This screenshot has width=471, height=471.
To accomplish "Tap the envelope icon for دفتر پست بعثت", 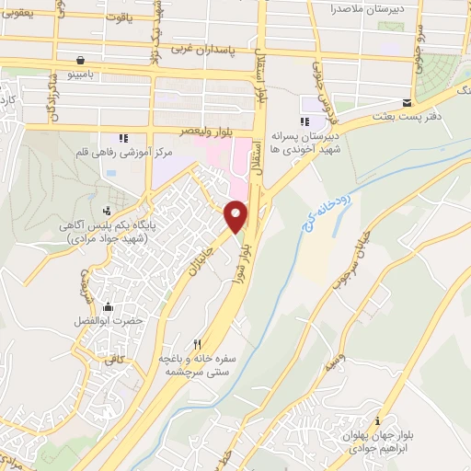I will point(408,102).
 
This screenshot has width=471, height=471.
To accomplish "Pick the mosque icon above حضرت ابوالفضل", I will point(109,306).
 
